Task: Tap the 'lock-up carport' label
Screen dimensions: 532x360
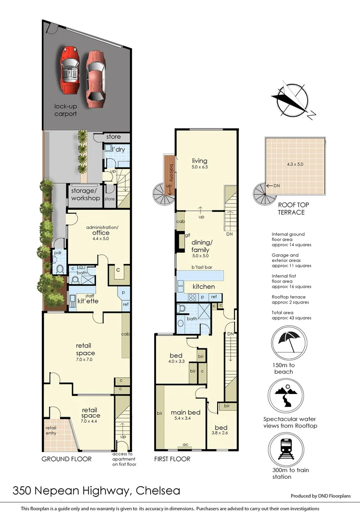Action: (x=65, y=110)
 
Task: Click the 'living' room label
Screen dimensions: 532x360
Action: (x=199, y=161)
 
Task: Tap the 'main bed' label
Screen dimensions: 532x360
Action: (x=185, y=412)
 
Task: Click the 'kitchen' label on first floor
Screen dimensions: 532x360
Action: (x=203, y=286)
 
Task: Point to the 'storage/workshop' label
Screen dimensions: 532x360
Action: (x=86, y=195)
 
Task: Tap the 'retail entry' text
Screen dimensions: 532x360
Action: (x=51, y=431)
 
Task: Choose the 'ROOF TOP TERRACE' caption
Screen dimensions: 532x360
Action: (x=291, y=209)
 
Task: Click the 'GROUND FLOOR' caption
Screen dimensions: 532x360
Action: (x=67, y=459)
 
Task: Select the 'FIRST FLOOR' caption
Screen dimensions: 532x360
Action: (x=172, y=459)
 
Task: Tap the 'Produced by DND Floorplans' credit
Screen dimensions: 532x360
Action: (x=321, y=496)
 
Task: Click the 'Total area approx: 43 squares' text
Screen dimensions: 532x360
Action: (x=292, y=315)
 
